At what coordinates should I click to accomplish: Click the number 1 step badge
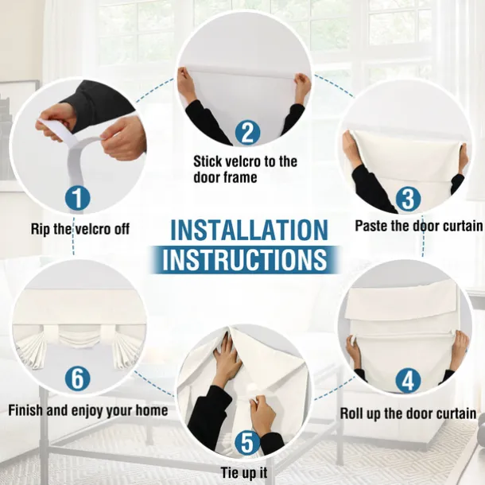point(78,198)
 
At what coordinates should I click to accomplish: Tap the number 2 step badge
point(247,133)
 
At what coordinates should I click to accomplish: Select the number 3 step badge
point(408,198)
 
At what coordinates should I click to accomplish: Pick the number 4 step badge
point(408,380)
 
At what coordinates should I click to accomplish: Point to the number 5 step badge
point(247,443)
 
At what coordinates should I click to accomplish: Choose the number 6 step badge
point(78,378)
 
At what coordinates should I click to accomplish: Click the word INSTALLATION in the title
point(249,230)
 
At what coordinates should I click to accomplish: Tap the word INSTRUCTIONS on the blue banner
point(245,259)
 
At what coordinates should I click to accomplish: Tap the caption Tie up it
point(244,472)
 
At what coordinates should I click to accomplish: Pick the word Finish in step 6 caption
point(25,410)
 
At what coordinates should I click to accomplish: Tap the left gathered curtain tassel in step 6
point(31,351)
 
